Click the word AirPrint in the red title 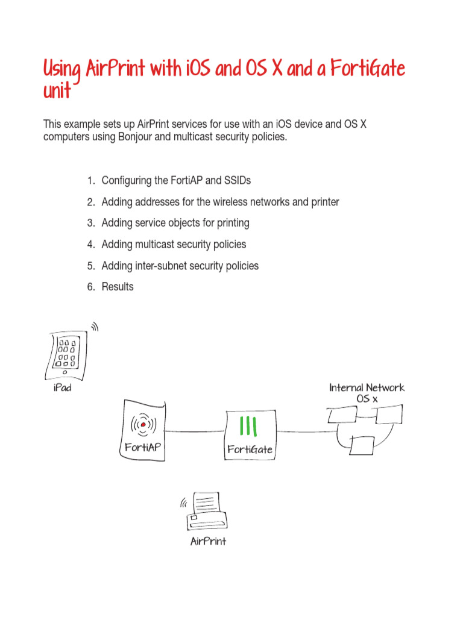click(x=115, y=69)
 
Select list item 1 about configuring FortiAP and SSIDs click(x=175, y=180)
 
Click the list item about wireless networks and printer click(x=220, y=202)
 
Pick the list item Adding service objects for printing click(x=175, y=223)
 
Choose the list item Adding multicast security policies click(x=174, y=244)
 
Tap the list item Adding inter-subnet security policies click(x=180, y=266)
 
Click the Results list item click(x=118, y=287)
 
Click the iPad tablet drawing click(x=66, y=355)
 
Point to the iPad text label click(x=62, y=388)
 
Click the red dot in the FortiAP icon click(x=143, y=425)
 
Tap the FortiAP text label click(x=143, y=448)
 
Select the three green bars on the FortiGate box click(x=248, y=426)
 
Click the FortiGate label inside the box click(x=250, y=449)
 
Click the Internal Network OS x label click(x=367, y=393)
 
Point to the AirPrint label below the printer click(x=208, y=541)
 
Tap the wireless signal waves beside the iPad click(x=94, y=327)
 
